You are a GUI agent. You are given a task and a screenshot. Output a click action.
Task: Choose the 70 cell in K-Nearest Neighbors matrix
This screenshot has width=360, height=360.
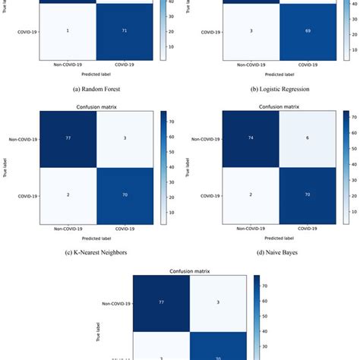[x=125, y=194]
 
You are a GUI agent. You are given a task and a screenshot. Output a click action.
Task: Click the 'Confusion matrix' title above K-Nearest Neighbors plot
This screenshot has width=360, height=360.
[x=96, y=106]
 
